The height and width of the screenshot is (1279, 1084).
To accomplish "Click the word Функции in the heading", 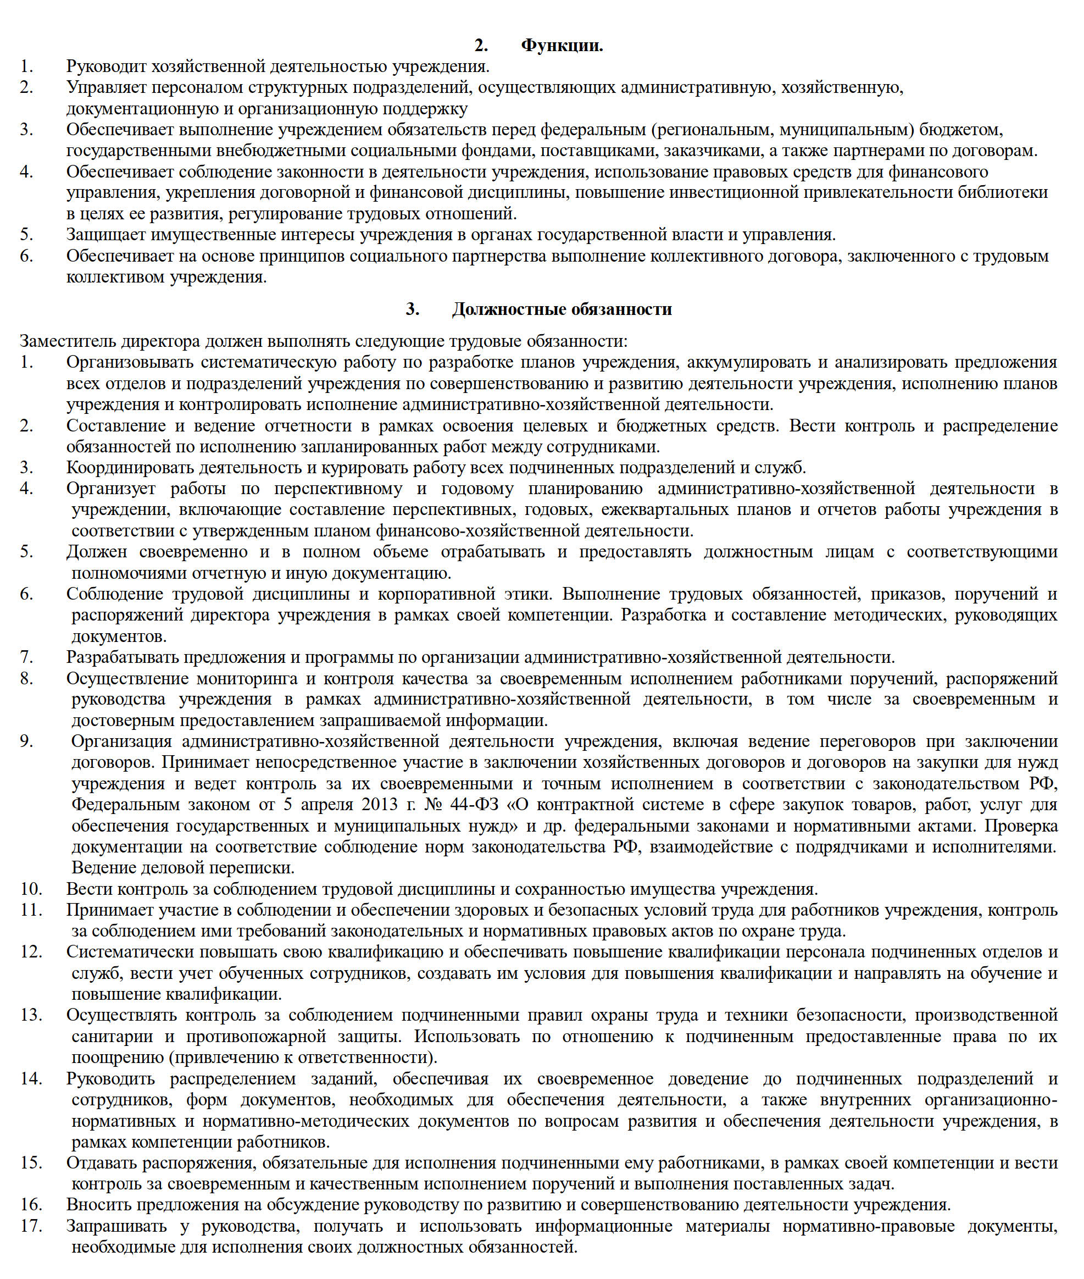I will [x=562, y=46].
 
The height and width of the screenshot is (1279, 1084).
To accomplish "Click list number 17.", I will [x=31, y=1226].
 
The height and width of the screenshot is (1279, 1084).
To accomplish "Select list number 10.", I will [x=31, y=889].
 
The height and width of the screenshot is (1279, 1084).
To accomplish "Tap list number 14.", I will [x=31, y=1078].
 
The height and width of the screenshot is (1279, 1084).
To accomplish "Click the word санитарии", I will [x=113, y=1037].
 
